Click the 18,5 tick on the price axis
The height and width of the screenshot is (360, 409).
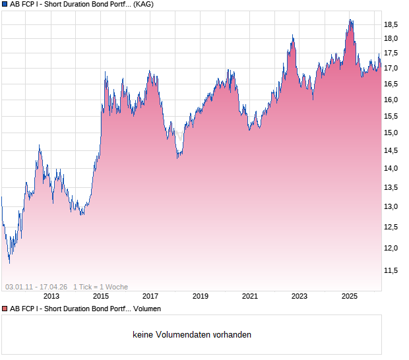(391, 24)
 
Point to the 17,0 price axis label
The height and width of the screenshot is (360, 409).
(391, 69)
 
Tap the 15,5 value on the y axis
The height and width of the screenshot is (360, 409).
(391, 117)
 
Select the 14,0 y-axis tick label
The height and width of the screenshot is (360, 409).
(391, 169)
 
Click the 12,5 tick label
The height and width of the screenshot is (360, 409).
(391, 227)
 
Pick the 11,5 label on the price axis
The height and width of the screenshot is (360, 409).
(391, 270)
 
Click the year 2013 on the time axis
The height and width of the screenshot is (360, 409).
(51, 297)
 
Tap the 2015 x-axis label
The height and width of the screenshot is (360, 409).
(100, 297)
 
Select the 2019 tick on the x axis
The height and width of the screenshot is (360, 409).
(200, 297)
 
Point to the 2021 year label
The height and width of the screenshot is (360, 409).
(249, 297)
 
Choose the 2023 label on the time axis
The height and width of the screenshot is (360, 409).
(299, 297)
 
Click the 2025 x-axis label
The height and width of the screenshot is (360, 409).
(349, 297)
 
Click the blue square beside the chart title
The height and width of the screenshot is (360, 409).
(5, 5)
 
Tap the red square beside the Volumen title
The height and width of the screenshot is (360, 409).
(5, 309)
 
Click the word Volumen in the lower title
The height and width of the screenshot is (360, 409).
(146, 309)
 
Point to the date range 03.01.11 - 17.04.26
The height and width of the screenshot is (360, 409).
(36, 287)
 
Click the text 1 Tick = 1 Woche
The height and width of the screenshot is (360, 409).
(100, 287)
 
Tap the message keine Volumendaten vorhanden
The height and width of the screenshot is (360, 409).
(192, 335)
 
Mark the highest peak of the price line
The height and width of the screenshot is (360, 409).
(350, 20)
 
